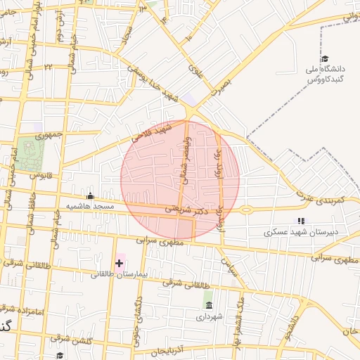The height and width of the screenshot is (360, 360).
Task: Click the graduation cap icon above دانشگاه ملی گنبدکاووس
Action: pyautogui.click(x=324, y=59)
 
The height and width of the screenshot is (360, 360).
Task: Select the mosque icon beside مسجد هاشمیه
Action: pyautogui.click(x=89, y=197)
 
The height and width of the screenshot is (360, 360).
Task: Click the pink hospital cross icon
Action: pyautogui.click(x=119, y=264)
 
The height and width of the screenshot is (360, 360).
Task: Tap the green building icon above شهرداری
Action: pyautogui.click(x=208, y=304)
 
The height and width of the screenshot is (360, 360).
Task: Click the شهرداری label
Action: pyautogui.click(x=210, y=316)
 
